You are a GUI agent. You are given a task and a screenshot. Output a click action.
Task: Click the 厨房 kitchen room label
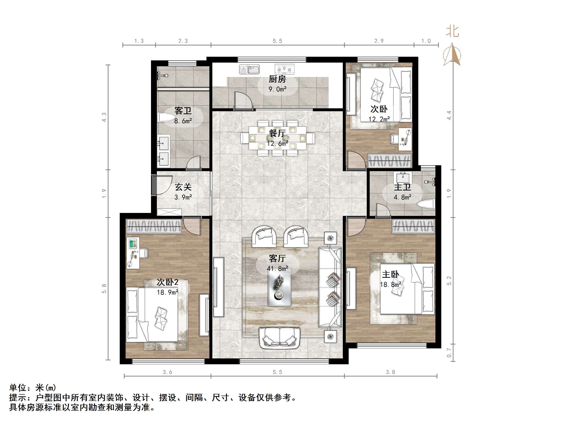tap(278, 79)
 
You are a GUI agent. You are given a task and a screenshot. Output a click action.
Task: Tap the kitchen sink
tap(249, 69)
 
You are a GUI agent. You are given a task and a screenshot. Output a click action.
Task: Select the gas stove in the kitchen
tap(285, 69)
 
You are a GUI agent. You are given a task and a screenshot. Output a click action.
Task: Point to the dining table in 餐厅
tap(278, 138)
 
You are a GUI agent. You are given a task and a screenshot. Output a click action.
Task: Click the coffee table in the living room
tap(280, 287)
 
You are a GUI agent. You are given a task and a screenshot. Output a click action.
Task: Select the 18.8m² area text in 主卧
tap(390, 285)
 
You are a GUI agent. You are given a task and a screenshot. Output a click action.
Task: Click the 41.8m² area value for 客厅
tap(278, 268)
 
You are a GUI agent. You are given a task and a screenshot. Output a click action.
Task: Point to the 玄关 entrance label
tap(183, 187)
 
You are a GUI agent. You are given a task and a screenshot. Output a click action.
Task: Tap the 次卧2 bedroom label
tap(167, 282)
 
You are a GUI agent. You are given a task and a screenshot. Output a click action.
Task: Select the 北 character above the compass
tap(453, 32)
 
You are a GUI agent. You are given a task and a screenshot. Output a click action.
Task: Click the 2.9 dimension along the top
tap(379, 41)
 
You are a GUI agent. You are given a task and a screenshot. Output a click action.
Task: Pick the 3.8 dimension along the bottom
tap(390, 372)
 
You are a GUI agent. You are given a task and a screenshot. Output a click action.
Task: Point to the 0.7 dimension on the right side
tap(449, 353)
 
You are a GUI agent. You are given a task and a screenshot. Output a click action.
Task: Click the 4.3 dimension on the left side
tap(104, 117)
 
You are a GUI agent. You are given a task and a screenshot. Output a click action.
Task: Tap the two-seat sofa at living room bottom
tap(280, 338)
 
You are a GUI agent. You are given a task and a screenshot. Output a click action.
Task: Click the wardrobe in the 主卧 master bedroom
tap(414, 226)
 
